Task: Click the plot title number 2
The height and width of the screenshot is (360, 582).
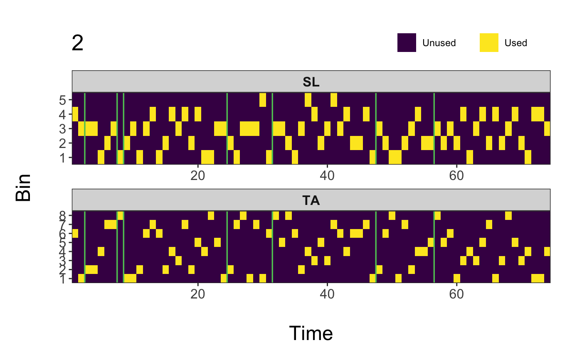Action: [78, 43]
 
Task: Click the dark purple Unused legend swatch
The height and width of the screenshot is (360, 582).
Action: [407, 42]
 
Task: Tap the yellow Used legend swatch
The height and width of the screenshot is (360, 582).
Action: [489, 42]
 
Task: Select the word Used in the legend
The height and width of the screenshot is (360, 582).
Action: [515, 43]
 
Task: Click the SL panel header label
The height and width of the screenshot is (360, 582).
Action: [311, 82]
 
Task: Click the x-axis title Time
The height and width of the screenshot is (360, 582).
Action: [311, 333]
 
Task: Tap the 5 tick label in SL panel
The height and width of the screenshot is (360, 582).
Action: [63, 100]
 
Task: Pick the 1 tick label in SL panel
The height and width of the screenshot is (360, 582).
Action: [63, 158]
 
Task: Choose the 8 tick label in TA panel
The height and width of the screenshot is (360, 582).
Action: [63, 215]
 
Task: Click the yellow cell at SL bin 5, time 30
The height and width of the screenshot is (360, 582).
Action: [263, 100]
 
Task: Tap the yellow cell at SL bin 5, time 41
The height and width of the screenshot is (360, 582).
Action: [334, 100]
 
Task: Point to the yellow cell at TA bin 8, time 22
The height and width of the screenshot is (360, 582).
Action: [211, 215]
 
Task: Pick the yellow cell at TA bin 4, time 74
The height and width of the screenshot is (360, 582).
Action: [547, 251]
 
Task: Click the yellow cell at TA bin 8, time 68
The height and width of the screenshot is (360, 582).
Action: [508, 215]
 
